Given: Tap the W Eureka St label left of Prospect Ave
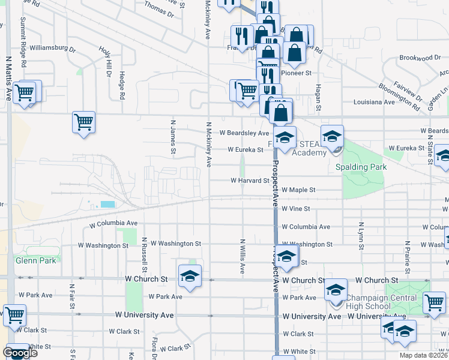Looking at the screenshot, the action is pos(245,150).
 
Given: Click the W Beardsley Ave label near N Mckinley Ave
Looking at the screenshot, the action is pos(244,133).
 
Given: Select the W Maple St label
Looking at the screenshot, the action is pos(298,190).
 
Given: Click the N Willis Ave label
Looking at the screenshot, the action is pos(243,257).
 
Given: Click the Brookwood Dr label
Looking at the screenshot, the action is pos(420,58).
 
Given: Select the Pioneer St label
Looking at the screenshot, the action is pos(297,73).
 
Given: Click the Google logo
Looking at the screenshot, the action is pos(20,353).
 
